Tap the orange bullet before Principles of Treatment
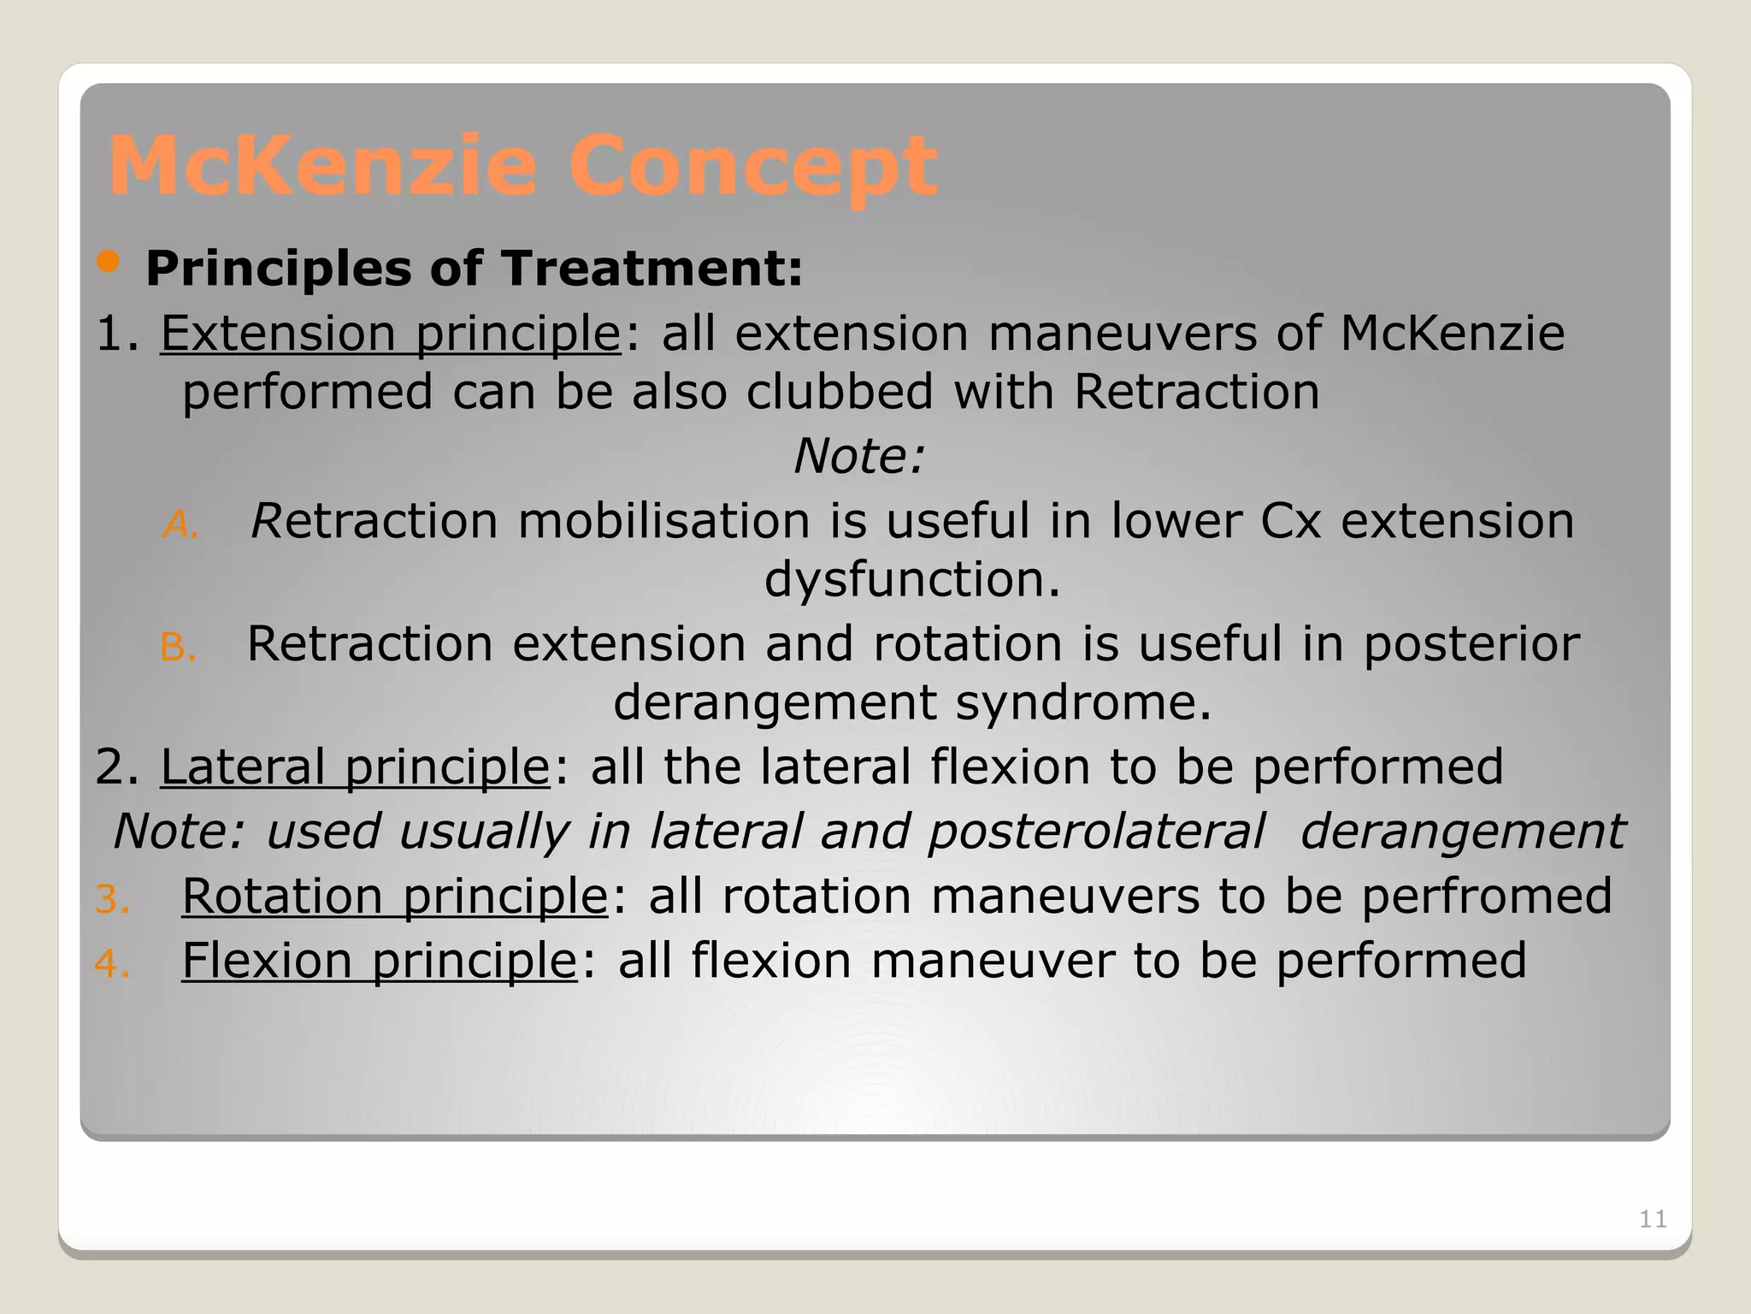pos(109,263)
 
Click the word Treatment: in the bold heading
pos(651,269)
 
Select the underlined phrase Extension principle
pos(391,334)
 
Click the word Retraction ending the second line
pos(1196,393)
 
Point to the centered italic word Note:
pos(859,457)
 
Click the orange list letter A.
pos(180,524)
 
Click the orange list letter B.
pos(178,648)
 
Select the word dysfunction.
pos(911,580)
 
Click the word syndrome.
pos(1083,703)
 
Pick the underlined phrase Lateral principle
pos(355,766)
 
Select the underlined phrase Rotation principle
pos(394,897)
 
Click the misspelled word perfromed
pos(1486,897)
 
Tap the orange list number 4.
pos(112,964)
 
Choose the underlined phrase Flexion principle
pos(380,961)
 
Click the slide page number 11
pos(1652,1219)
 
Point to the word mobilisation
pos(663,521)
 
